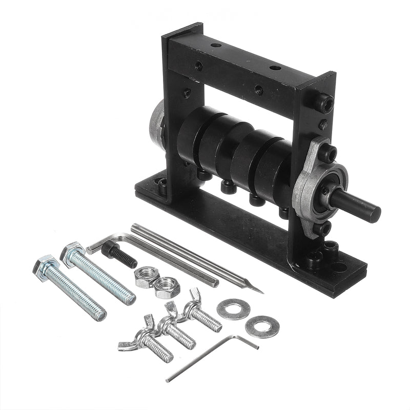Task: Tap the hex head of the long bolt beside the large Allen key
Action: (72, 253)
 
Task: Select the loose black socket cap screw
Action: (119, 255)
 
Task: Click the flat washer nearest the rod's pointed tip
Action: (233, 309)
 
